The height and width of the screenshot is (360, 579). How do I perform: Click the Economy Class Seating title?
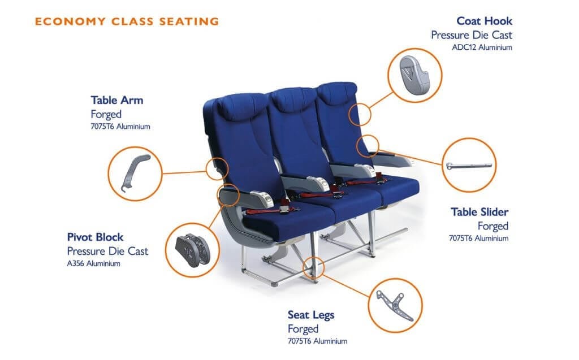click(127, 21)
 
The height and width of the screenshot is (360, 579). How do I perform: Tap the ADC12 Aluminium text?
click(482, 47)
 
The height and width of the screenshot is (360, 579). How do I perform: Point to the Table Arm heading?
click(116, 101)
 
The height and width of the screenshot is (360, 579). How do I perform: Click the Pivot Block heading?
click(95, 237)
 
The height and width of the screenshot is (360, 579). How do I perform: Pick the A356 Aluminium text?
click(93, 263)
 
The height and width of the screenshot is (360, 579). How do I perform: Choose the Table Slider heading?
click(479, 212)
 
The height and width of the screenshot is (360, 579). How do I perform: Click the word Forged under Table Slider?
click(492, 226)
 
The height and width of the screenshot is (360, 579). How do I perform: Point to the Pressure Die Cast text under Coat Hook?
click(472, 35)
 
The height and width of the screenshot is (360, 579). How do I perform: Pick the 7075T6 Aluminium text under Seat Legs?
click(317, 341)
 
